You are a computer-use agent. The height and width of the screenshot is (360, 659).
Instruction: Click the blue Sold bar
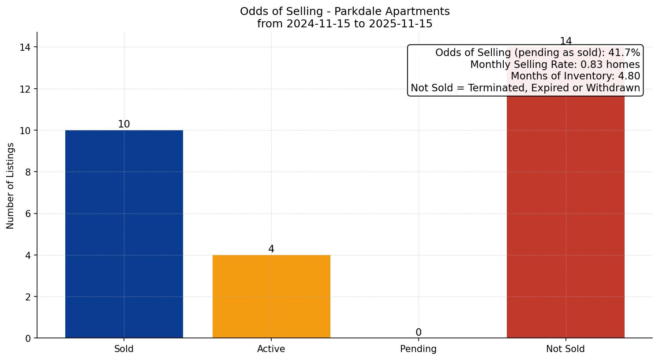point(124,234)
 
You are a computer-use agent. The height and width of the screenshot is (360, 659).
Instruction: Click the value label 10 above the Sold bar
point(124,124)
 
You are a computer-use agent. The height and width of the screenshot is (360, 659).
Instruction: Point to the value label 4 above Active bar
point(271,249)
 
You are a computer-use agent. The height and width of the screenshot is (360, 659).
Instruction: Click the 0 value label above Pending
point(418,333)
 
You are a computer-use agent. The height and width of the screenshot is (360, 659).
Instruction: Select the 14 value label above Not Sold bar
point(565,41)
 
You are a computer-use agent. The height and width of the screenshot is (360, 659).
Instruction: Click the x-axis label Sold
point(124,349)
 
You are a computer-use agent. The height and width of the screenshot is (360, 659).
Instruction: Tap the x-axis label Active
point(271,349)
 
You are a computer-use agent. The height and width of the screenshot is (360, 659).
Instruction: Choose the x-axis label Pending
point(418,349)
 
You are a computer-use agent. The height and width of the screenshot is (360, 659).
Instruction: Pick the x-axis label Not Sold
point(565,349)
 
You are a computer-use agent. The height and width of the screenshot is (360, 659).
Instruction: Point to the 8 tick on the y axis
point(28,172)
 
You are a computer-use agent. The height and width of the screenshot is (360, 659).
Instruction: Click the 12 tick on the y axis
point(25,89)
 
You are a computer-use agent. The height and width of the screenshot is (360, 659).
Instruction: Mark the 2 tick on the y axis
point(28,297)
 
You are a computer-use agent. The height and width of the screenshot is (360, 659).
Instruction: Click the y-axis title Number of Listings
point(11,186)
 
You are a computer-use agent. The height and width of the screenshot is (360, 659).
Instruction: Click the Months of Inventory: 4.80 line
point(575,76)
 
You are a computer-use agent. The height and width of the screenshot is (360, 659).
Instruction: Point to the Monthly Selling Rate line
point(555,64)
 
